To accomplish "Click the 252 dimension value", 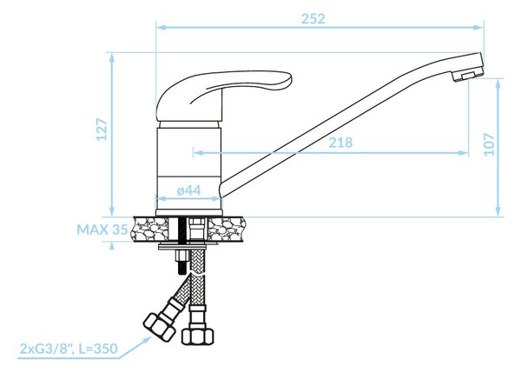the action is point(313,18).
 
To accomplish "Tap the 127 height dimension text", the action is point(102,129).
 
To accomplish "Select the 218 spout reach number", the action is point(340,143).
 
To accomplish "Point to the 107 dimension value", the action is point(489,143).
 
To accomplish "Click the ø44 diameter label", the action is point(189,190).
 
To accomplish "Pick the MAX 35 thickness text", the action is point(102,230).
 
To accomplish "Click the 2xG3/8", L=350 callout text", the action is point(69,349).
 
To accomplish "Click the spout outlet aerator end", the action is point(468,74).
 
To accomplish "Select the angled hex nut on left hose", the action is point(159,328).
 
